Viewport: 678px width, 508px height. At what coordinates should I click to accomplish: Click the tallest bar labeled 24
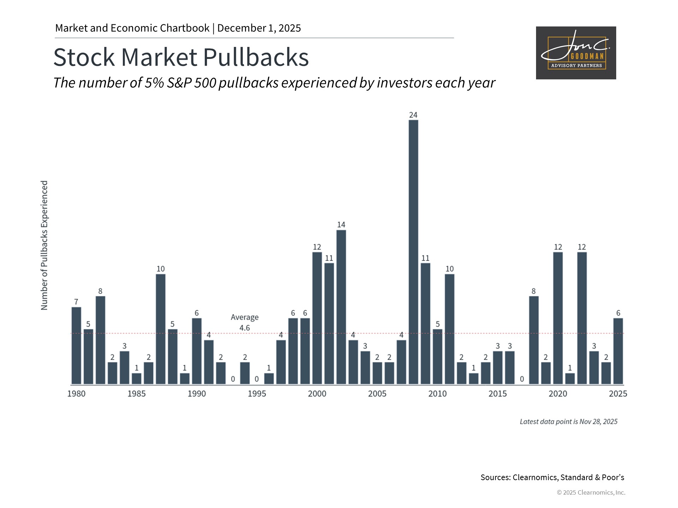coord(413,252)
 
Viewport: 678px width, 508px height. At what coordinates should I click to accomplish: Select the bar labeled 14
coord(341,307)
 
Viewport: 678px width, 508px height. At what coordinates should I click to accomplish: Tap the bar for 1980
coord(76,345)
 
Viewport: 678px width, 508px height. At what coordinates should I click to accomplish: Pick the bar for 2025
coord(618,351)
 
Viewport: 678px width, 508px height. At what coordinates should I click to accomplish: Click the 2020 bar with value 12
coord(558,318)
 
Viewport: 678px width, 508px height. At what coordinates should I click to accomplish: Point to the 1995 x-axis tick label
coord(257,394)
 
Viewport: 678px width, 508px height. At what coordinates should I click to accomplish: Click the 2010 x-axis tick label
coord(437,394)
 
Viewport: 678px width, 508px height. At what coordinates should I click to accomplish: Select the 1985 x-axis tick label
coord(136,394)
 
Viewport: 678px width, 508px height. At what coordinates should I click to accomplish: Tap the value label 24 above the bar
coord(413,115)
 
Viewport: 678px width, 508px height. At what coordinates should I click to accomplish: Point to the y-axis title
coord(44,246)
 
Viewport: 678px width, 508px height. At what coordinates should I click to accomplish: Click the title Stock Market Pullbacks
coord(181,57)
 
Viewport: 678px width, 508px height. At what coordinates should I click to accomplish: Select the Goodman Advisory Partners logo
coord(576,53)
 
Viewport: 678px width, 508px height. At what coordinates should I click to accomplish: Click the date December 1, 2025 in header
coord(259,28)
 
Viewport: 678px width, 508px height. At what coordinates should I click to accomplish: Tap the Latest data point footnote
coord(568,422)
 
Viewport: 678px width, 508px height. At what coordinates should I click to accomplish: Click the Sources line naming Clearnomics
coord(552,477)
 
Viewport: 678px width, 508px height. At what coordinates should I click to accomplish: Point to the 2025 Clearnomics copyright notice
coord(591,492)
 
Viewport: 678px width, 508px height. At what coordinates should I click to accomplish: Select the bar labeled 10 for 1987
coord(161,329)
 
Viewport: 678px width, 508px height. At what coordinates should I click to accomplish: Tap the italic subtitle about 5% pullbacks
coord(274,83)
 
